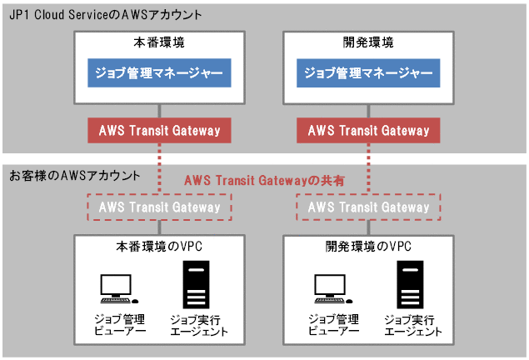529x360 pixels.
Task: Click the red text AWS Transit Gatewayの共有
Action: point(264,180)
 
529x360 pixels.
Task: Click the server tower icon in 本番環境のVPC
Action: point(196,284)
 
